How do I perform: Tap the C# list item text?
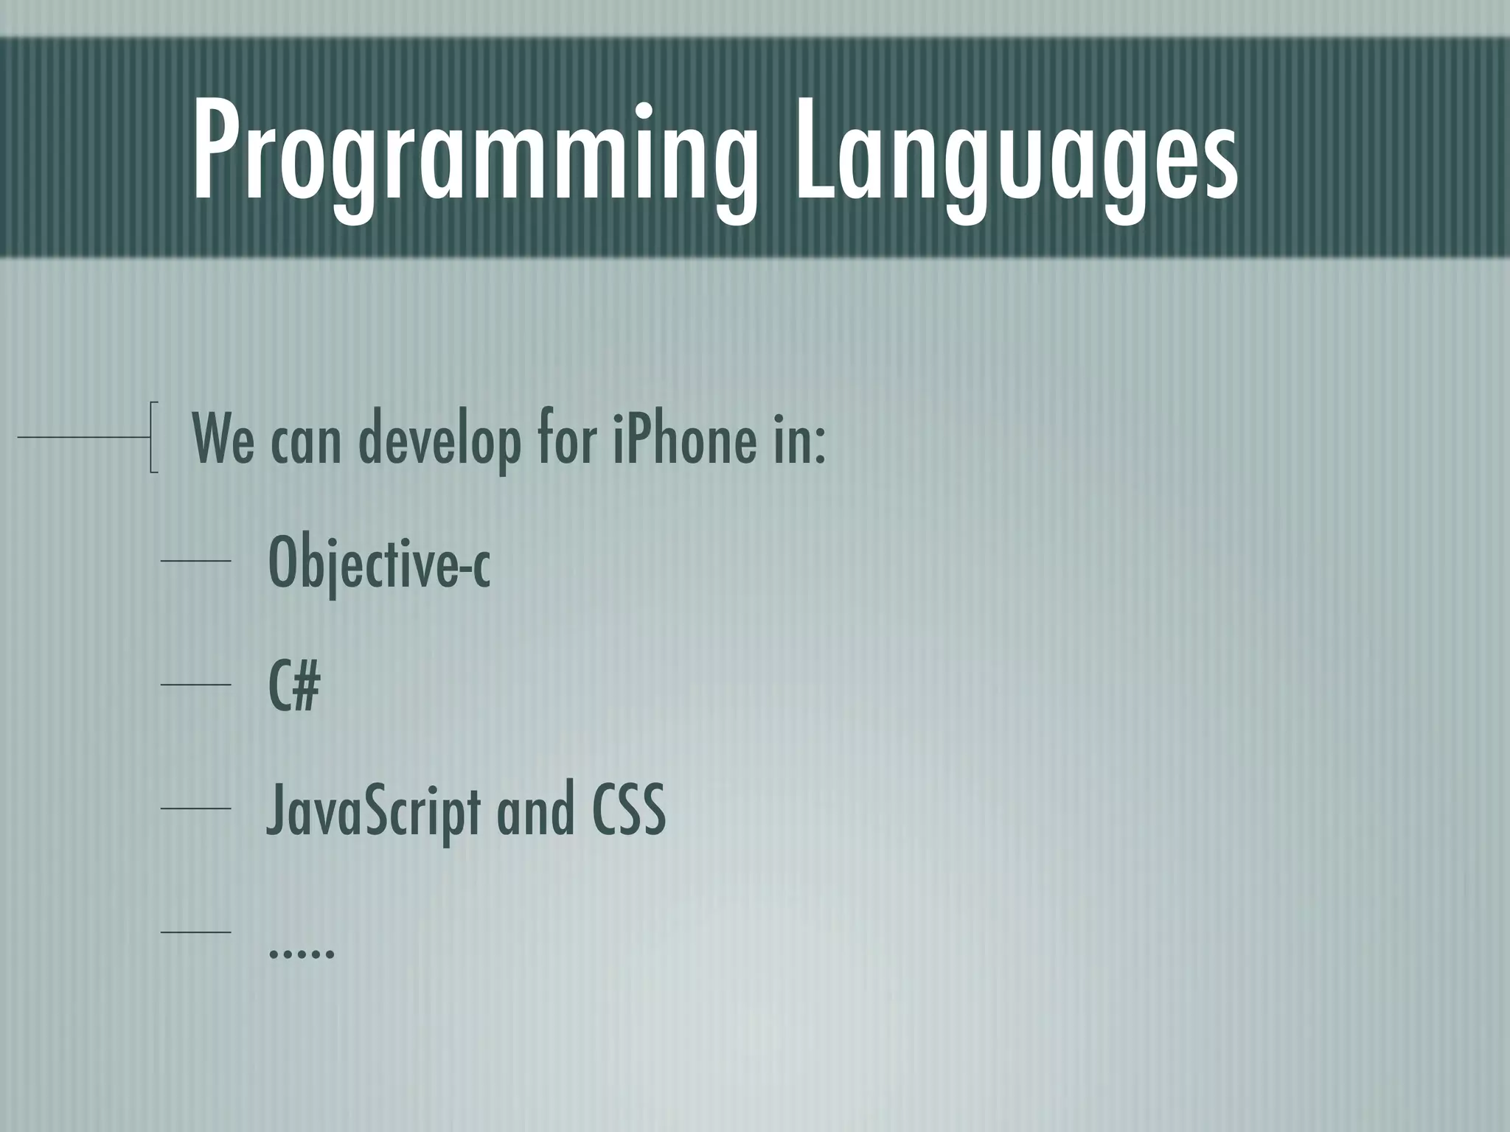[293, 687]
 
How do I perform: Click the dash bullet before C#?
[196, 685]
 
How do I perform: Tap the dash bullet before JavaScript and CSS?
[196, 809]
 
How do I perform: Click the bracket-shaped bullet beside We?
[153, 436]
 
